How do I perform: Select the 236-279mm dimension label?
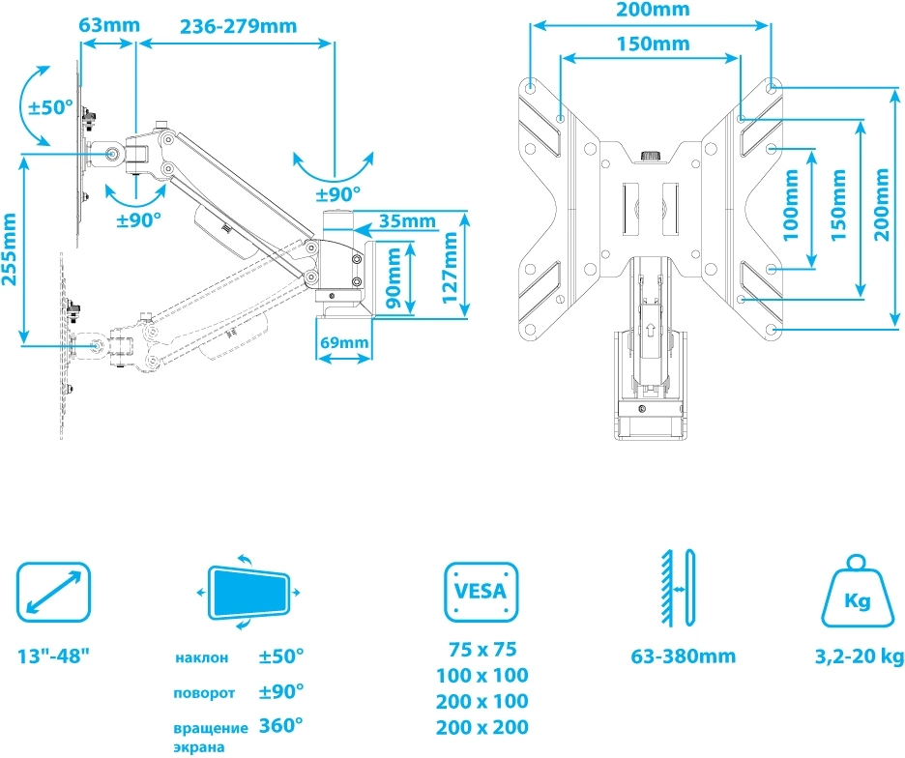coord(238,25)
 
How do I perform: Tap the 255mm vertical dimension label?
coord(11,248)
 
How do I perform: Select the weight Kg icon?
coord(857,594)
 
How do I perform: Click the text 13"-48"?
coord(54,656)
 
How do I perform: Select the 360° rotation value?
coord(281,726)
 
